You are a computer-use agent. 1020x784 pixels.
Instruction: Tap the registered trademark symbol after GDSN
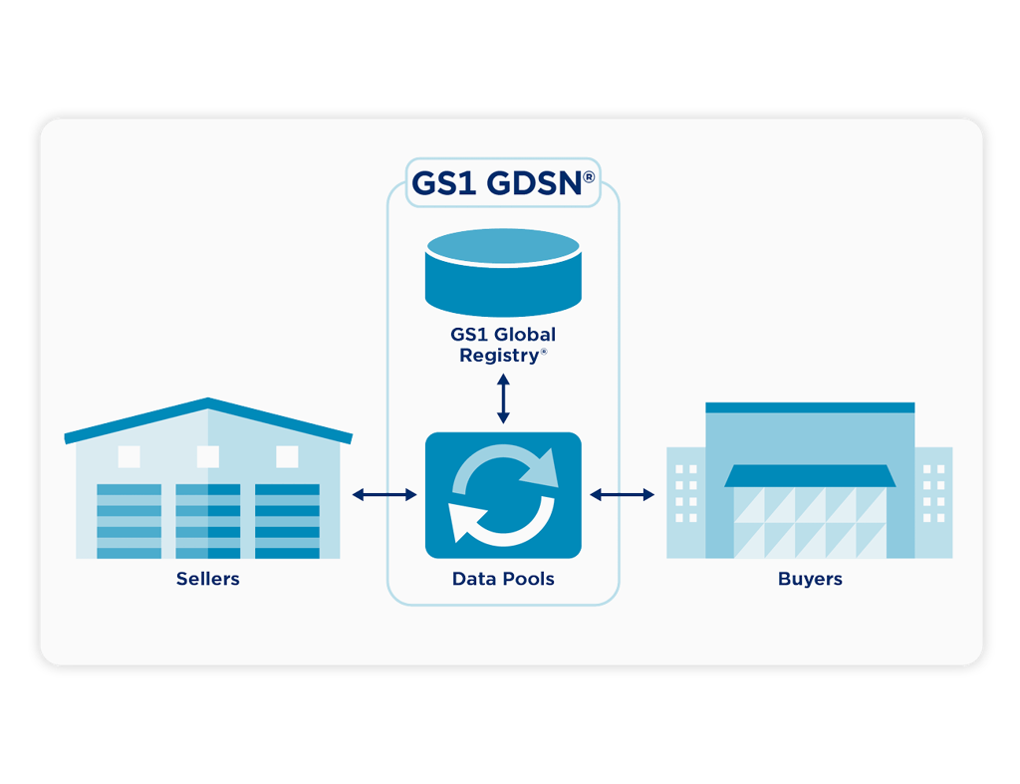[x=589, y=177]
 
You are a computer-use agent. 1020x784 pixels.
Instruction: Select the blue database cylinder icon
[x=503, y=273]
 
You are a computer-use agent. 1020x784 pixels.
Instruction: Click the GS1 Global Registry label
[x=503, y=345]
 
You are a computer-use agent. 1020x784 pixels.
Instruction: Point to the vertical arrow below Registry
[x=503, y=398]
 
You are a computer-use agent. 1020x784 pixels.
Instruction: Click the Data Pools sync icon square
[x=503, y=495]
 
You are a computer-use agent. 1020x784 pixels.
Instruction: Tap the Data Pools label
[x=503, y=579]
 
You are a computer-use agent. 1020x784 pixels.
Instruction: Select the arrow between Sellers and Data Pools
[x=384, y=495]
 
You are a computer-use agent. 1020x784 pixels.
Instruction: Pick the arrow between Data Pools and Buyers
[x=622, y=495]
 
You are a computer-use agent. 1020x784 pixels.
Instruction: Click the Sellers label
[x=207, y=579]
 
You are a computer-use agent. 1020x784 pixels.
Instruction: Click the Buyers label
[x=810, y=579]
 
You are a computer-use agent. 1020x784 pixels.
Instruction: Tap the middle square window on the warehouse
[x=208, y=456]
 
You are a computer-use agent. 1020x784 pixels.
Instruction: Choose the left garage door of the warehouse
[x=128, y=521]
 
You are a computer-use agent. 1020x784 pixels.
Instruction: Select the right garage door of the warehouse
[x=287, y=521]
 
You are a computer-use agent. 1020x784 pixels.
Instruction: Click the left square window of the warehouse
[x=128, y=456]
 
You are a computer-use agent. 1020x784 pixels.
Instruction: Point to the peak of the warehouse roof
[x=208, y=398]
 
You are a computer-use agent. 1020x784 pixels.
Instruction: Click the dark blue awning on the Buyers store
[x=810, y=475]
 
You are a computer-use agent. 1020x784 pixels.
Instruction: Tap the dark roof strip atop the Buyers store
[x=810, y=408]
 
